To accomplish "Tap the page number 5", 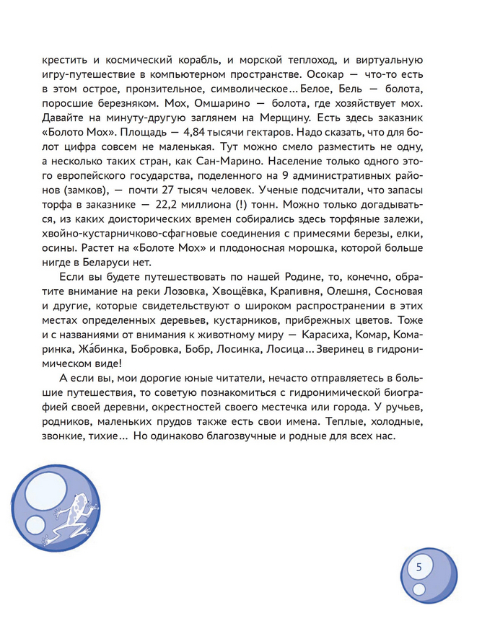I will (x=419, y=567).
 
